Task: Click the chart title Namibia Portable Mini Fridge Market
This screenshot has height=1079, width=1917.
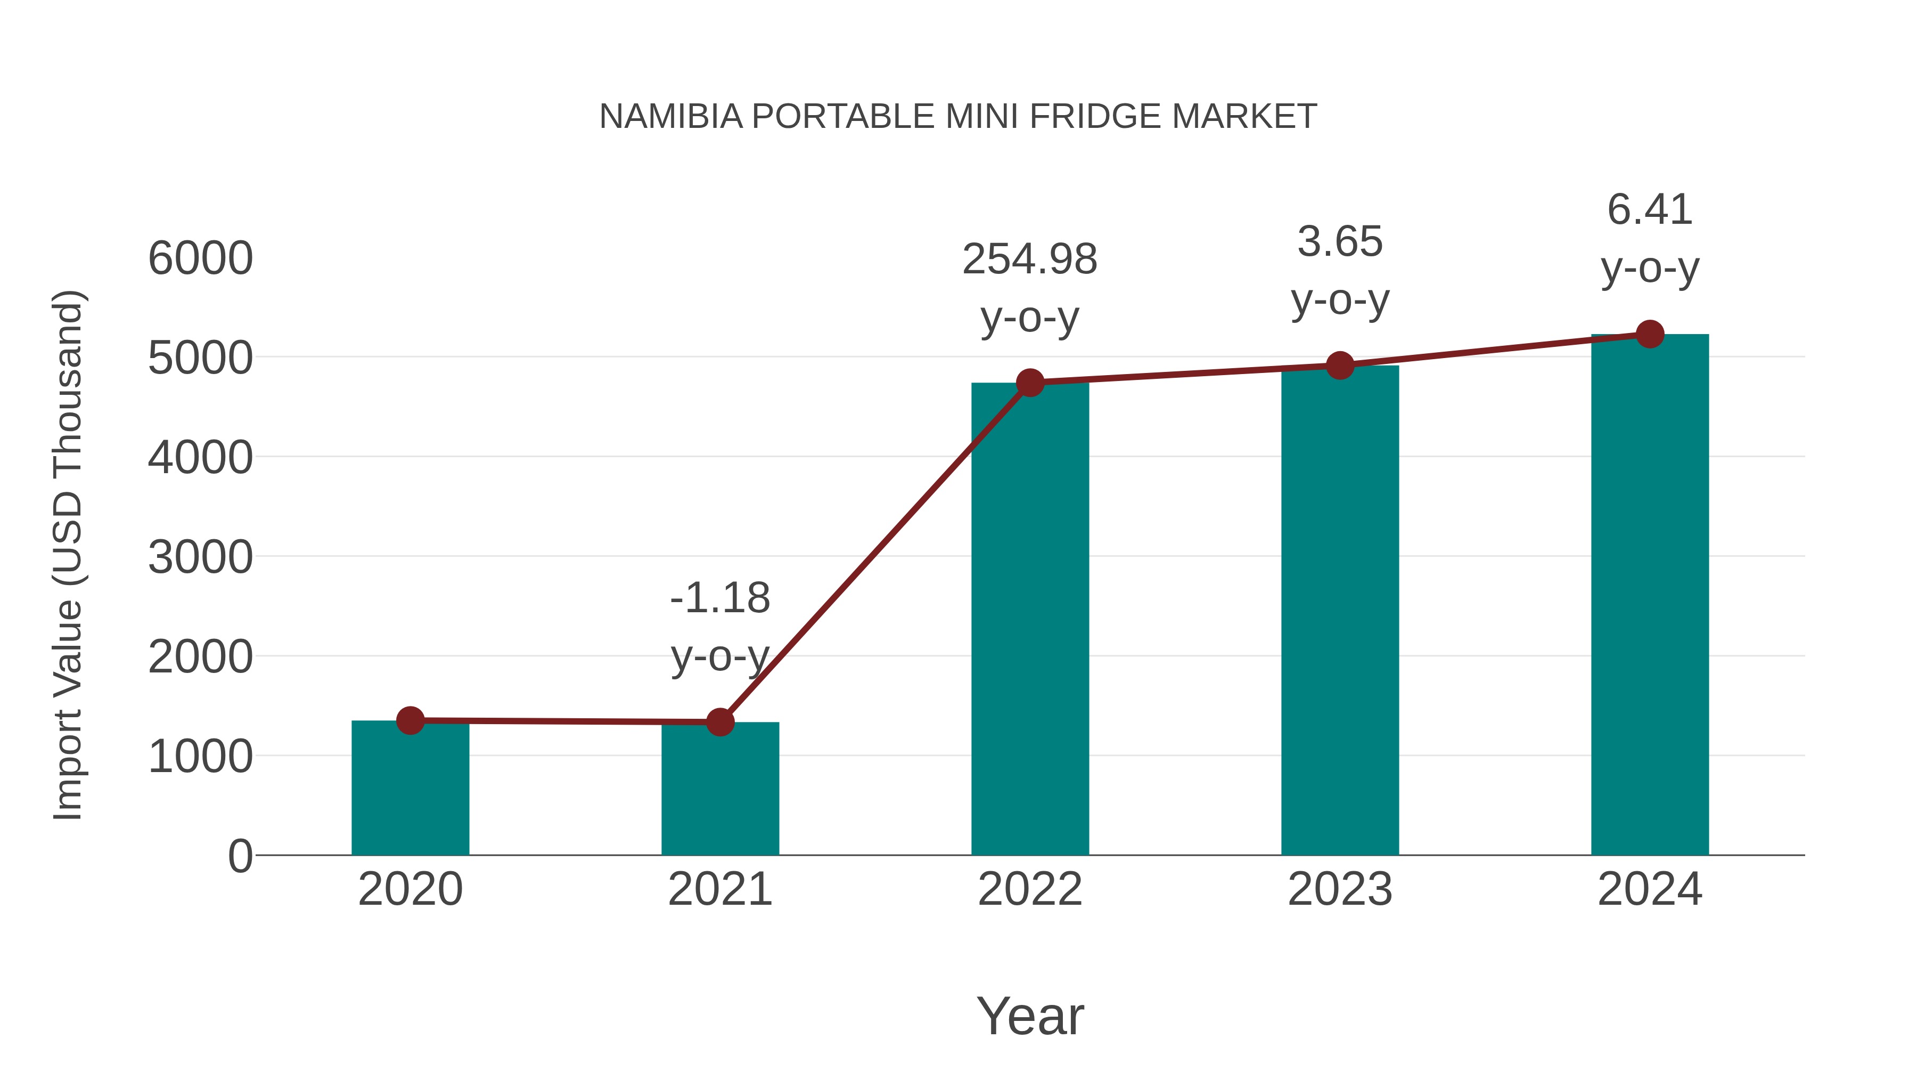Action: point(958,117)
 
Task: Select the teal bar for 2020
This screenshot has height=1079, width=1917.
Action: point(410,789)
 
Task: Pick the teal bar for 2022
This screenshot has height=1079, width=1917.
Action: point(1030,618)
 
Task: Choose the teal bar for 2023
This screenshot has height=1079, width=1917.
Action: point(1340,611)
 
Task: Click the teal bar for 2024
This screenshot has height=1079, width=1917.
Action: point(1650,596)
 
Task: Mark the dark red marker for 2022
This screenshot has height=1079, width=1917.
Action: point(1030,383)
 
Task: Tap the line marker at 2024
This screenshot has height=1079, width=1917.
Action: point(1650,334)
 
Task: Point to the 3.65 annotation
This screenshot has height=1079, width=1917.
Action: point(1340,242)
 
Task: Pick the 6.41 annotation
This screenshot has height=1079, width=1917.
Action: point(1650,210)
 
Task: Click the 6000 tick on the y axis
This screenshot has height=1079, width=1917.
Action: point(200,258)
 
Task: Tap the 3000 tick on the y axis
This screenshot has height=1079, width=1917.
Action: point(200,557)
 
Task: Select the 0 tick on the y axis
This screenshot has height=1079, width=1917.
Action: point(240,856)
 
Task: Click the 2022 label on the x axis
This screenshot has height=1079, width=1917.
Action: point(1030,889)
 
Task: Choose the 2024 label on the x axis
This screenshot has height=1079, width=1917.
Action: point(1650,889)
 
